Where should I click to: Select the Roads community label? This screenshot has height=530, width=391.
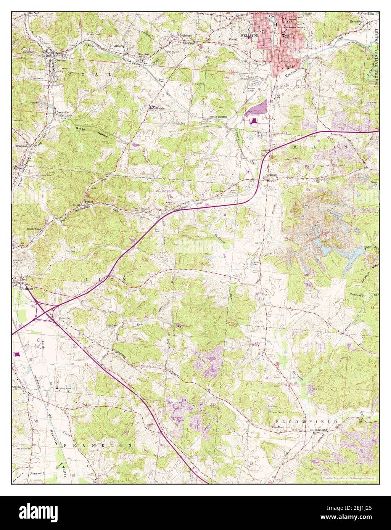tap(273, 175)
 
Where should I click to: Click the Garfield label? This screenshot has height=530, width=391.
tap(34, 13)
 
